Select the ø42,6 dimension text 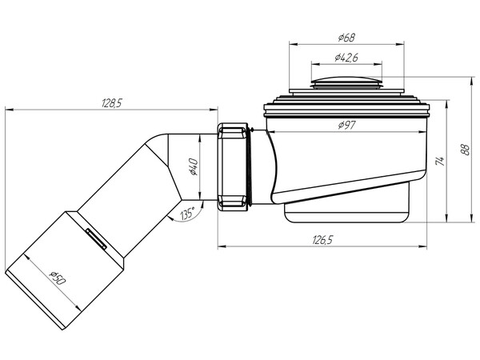tap(346, 58)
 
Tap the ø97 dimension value tap(347, 125)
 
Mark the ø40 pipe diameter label tap(193, 167)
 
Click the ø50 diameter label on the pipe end tap(56, 278)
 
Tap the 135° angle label tap(188, 214)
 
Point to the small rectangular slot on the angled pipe tap(95, 238)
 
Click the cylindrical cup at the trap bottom tap(346, 210)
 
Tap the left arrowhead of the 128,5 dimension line tap(7, 111)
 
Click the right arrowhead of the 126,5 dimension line tap(425, 246)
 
